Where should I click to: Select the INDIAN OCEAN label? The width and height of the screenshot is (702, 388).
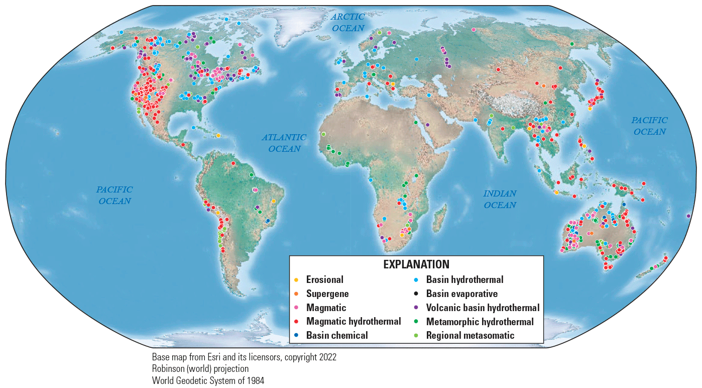tap(500, 199)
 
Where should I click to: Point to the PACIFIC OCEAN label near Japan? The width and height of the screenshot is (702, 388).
tap(649, 126)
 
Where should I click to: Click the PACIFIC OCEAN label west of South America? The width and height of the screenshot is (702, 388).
tap(114, 195)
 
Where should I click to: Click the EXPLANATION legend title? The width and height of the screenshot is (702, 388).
tap(416, 264)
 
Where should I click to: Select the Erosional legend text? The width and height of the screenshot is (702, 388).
tap(324, 279)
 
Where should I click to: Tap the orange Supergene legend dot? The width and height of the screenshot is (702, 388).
tap(296, 294)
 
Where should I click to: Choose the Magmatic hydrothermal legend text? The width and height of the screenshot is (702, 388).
tap(353, 321)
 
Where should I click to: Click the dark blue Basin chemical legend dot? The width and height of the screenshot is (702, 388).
tap(296, 335)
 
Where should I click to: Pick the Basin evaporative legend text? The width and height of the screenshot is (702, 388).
tap(461, 294)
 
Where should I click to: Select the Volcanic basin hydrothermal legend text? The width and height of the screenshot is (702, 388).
tap(483, 308)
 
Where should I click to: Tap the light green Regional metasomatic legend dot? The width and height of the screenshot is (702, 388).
tap(416, 335)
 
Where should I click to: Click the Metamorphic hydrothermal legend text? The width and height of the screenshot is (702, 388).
tap(480, 321)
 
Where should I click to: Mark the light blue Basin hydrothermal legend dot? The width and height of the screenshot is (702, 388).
tap(416, 279)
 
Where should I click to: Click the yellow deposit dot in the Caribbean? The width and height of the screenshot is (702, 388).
tap(218, 135)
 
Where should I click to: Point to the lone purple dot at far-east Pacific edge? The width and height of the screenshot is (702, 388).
tap(688, 216)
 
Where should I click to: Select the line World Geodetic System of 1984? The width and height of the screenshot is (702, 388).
tap(208, 380)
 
